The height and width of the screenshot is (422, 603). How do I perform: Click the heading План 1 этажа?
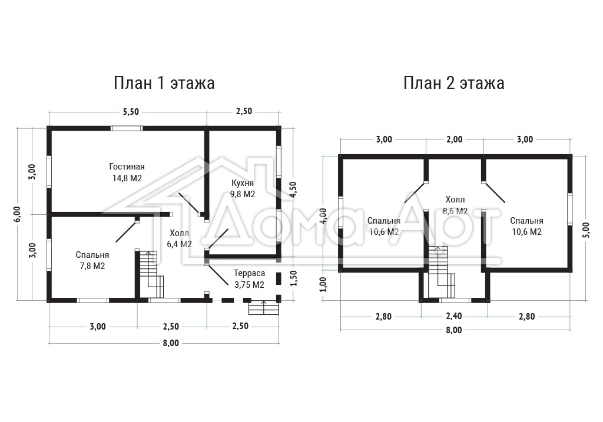(x=164, y=83)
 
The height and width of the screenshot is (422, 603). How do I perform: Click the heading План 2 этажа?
(x=454, y=83)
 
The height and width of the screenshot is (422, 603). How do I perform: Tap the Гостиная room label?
(x=127, y=167)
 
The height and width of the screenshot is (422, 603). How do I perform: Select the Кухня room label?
(x=242, y=183)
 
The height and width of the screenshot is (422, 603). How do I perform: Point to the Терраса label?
(x=249, y=273)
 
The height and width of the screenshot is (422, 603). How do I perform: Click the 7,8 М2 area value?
(x=92, y=266)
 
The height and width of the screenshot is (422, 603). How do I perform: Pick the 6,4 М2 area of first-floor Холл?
(x=179, y=244)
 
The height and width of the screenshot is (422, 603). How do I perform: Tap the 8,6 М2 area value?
(x=455, y=211)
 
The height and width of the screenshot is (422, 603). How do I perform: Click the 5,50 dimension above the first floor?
(x=131, y=112)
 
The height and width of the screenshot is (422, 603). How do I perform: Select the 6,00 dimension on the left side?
(x=17, y=214)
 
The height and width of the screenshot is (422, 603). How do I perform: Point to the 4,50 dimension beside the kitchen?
(x=293, y=190)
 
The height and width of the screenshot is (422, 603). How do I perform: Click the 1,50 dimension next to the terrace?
(x=293, y=278)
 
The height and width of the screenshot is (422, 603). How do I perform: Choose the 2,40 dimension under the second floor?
(x=454, y=316)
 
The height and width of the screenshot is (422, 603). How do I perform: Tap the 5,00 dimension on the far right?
(x=586, y=230)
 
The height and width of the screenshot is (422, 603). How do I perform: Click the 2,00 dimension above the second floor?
(x=454, y=139)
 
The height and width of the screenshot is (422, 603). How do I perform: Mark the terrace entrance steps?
(x=264, y=307)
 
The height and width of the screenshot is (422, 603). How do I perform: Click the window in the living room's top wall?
(x=127, y=128)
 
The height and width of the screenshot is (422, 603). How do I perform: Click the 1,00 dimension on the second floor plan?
(x=323, y=284)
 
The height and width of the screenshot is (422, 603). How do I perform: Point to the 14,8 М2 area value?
(x=127, y=178)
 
